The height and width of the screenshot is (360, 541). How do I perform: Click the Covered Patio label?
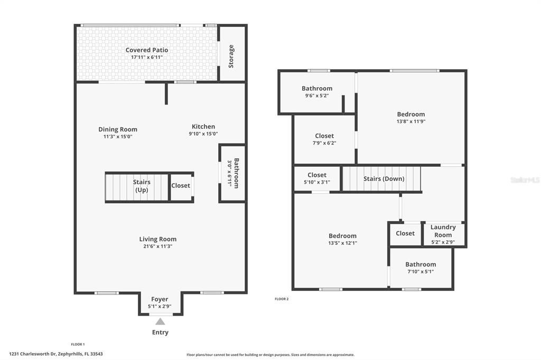147,50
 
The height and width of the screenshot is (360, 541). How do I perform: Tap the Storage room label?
231,56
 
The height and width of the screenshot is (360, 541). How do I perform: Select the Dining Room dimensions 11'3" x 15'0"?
118,137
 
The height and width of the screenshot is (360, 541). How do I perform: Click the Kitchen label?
203,127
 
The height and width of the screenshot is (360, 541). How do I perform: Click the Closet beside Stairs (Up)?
181,186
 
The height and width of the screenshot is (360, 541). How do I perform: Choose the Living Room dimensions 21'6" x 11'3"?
158,246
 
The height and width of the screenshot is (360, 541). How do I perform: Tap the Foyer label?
160,299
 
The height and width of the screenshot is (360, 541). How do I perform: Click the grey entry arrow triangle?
160,321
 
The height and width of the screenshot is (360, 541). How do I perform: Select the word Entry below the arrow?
160,333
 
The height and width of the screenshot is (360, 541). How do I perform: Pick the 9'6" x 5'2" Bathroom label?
317,89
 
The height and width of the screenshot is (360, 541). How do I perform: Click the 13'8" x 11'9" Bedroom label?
411,114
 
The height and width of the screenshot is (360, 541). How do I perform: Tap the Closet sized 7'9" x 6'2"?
324,136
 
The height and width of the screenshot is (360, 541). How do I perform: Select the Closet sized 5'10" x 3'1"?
317,175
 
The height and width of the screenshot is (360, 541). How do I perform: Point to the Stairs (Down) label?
384,179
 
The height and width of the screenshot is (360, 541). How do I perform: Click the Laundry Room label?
443,231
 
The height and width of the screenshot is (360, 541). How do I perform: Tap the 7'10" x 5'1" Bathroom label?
421,264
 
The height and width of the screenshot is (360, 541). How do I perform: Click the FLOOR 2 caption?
282,299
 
